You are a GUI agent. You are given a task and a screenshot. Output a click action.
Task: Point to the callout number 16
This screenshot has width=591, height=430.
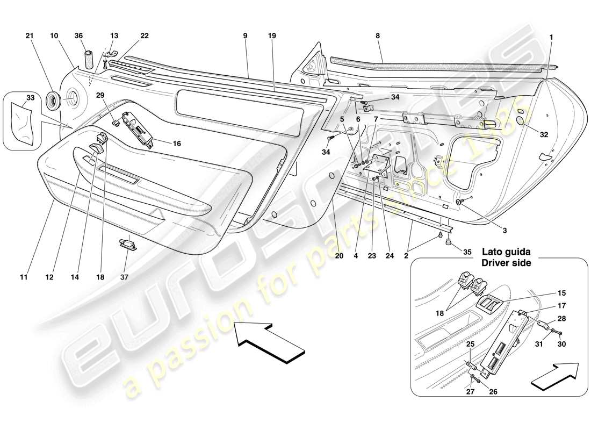pos(162,144)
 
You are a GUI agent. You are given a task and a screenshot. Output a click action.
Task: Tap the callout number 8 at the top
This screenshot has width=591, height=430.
pos(378,36)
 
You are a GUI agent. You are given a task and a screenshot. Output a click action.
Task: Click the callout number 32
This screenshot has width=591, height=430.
pos(544,135)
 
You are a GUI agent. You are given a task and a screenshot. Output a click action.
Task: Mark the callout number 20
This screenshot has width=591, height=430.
pos(339,256)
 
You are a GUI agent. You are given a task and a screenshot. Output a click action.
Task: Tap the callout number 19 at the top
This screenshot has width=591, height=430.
pos(272,36)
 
